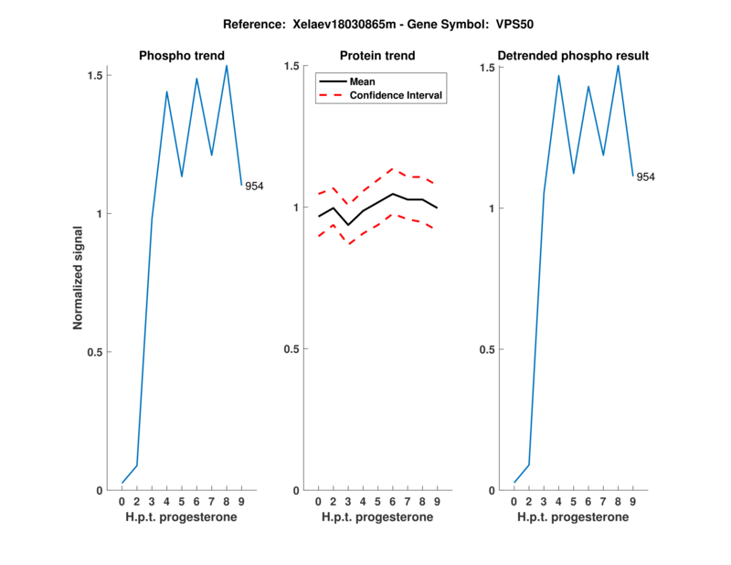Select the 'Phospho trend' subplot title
pos(182,56)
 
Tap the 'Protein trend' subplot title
pos(377,56)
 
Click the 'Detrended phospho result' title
pos(573,56)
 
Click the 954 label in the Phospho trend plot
pos(254,187)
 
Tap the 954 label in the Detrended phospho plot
pos(646,176)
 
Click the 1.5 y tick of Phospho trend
pos(95,74)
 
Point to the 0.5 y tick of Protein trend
pos(292,349)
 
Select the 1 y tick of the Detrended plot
pos(491,208)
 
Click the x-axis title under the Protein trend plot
pos(377,517)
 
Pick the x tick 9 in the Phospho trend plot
pos(241,502)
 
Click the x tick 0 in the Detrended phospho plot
pos(514,502)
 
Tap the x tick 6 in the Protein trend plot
pos(393,502)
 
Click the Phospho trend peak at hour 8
pos(227,65)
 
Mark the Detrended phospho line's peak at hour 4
pos(558,75)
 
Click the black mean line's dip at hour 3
pos(348,225)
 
